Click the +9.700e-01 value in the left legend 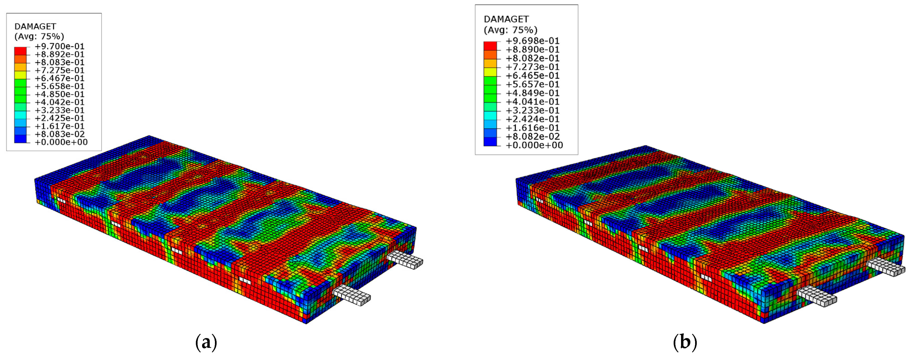click(x=59, y=46)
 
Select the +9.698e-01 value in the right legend click(x=533, y=41)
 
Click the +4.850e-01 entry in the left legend click(x=59, y=94)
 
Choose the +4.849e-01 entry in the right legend click(x=533, y=93)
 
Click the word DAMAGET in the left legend click(x=35, y=26)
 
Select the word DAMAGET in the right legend click(x=506, y=19)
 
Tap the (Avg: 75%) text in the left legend click(x=39, y=36)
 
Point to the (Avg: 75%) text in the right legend click(x=510, y=30)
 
